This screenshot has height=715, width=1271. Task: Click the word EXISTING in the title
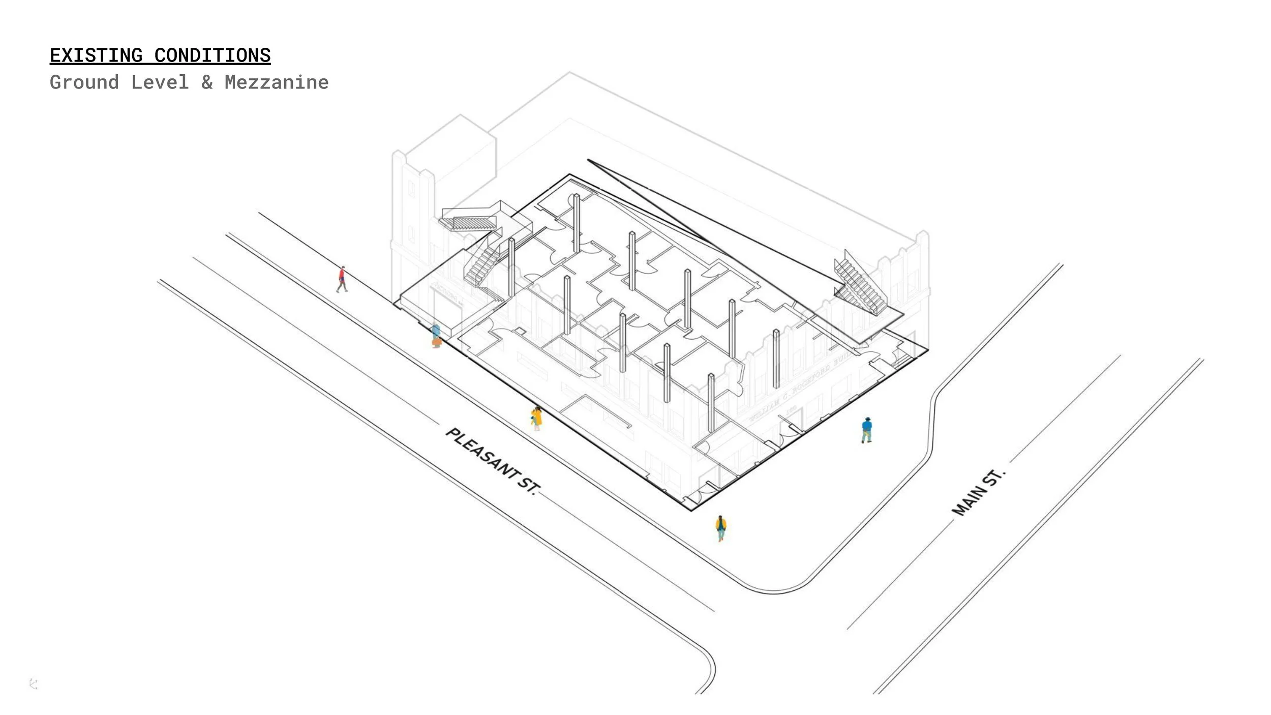click(x=96, y=55)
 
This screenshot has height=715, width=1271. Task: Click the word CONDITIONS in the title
click(x=212, y=55)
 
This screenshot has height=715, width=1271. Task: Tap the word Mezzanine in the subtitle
click(x=277, y=82)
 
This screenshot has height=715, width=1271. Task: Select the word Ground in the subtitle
click(x=84, y=82)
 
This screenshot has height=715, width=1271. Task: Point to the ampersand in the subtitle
click(x=206, y=82)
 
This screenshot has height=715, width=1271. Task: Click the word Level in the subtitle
click(x=160, y=82)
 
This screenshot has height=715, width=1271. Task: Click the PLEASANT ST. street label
click(x=492, y=461)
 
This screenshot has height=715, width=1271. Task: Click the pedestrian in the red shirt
click(x=342, y=279)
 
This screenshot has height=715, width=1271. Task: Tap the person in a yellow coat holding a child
click(x=536, y=419)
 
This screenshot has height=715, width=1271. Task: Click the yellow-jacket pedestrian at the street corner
click(x=720, y=528)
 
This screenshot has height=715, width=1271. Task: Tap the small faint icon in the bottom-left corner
click(x=34, y=684)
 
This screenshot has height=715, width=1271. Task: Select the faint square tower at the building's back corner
click(x=452, y=153)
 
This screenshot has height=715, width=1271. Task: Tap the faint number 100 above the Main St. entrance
click(x=791, y=409)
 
